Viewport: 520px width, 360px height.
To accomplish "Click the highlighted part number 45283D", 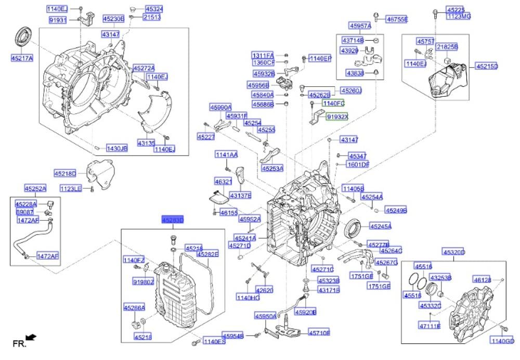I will pyautogui.click(x=172, y=220).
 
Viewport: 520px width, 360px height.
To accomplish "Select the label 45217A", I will pyautogui.click(x=21, y=58).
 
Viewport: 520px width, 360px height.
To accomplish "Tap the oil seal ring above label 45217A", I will pyautogui.click(x=22, y=37).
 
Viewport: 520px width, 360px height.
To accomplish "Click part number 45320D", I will pyautogui.click(x=453, y=253).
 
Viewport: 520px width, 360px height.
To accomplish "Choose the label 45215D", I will pyautogui.click(x=486, y=67).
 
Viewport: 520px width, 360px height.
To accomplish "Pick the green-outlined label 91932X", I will pyautogui.click(x=337, y=118).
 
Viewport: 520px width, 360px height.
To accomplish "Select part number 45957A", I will pyautogui.click(x=360, y=25).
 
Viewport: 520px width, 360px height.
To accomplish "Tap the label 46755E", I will pyautogui.click(x=397, y=20).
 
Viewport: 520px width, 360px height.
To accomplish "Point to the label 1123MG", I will pyautogui.click(x=459, y=16).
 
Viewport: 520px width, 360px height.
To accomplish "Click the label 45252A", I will pyautogui.click(x=35, y=188).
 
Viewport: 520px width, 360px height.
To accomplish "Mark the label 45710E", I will pyautogui.click(x=319, y=332).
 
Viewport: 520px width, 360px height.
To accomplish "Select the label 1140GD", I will pyautogui.click(x=502, y=341).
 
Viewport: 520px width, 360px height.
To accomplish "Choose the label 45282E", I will pyautogui.click(x=207, y=254).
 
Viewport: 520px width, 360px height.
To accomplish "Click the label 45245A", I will pyautogui.click(x=381, y=226).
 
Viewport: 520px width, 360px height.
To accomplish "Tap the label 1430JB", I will pyautogui.click(x=116, y=148).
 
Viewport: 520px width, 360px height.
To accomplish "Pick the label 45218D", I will pyautogui.click(x=65, y=173).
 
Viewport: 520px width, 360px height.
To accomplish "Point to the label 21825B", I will pyautogui.click(x=447, y=47).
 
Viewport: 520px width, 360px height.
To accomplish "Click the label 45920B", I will pyautogui.click(x=306, y=312).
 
